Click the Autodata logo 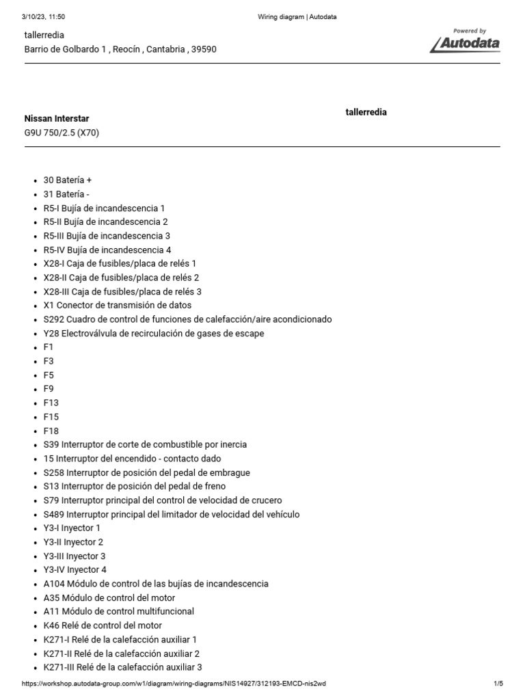tap(465, 42)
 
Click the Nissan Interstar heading tap(57, 119)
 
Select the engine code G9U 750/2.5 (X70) tap(62, 133)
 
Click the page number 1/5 tap(498, 684)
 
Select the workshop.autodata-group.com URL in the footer tap(178, 684)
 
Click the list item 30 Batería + tap(67, 180)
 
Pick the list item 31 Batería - tap(66, 194)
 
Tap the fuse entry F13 tap(51, 403)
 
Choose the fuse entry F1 tap(48, 347)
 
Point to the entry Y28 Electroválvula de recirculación tap(153, 333)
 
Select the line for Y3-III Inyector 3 tap(74, 556)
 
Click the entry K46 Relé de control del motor tap(103, 625)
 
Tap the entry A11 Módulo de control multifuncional tap(118, 611)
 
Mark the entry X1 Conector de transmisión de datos tap(117, 305)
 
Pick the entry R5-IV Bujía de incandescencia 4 tap(107, 250)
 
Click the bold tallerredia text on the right tap(366, 112)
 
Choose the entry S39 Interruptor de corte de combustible tap(145, 444)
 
